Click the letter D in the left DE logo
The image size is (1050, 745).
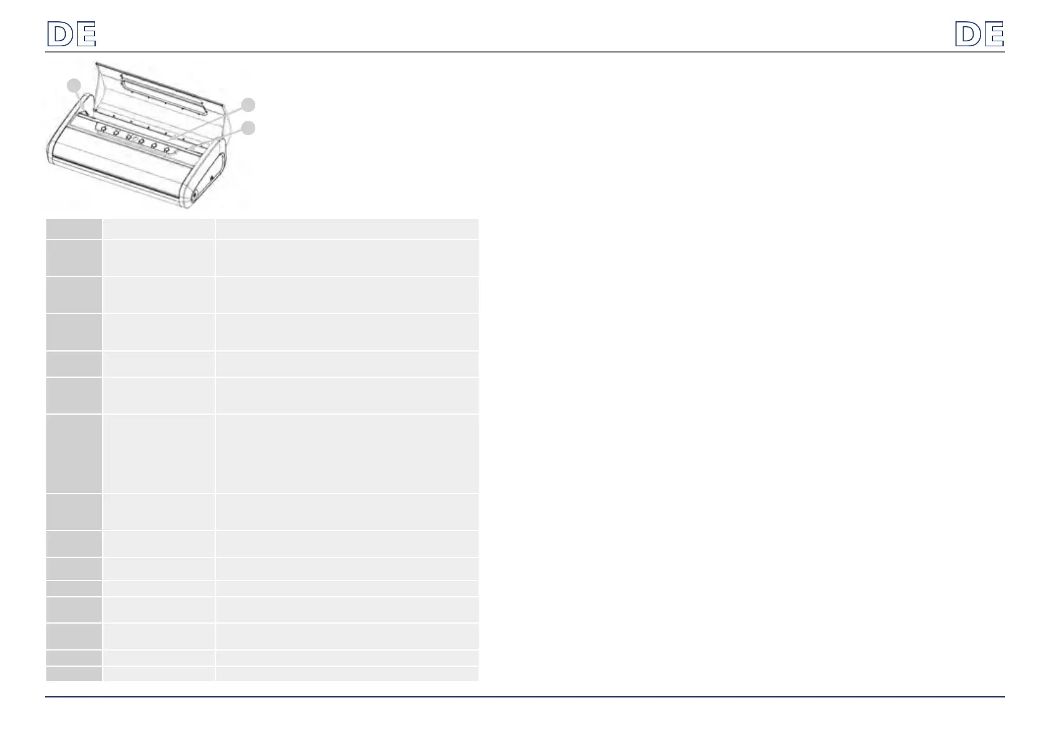click(61, 34)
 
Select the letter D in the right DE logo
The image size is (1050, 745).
click(968, 34)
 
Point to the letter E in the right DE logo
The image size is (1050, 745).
click(994, 34)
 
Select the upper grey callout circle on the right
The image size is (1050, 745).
click(248, 104)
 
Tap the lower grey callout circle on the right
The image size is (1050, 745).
click(248, 128)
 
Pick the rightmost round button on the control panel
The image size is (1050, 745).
click(167, 150)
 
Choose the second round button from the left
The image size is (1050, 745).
click(116, 133)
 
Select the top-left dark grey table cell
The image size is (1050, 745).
click(74, 228)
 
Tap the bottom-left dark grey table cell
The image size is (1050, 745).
click(74, 674)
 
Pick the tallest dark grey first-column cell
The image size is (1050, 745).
click(74, 454)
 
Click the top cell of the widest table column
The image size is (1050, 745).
click(347, 228)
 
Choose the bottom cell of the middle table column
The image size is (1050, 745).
click(158, 674)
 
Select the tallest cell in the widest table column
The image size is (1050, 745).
click(347, 454)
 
